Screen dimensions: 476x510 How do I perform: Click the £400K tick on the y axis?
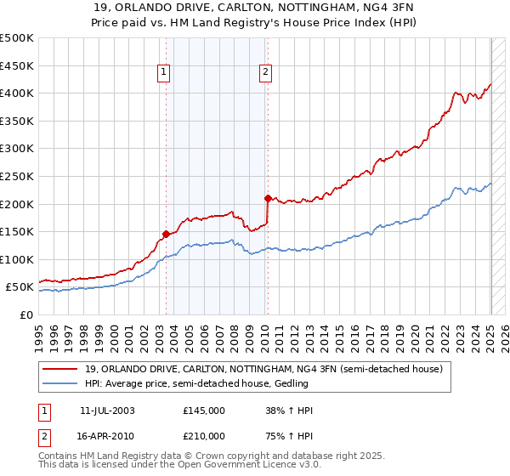(17, 93)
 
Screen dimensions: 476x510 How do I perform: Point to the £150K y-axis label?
(17, 231)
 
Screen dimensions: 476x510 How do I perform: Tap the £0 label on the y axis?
(27, 314)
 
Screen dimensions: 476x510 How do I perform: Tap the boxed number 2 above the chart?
(266, 73)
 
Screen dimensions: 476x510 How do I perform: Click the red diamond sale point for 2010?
(268, 198)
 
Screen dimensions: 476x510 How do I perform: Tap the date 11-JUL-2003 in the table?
(106, 411)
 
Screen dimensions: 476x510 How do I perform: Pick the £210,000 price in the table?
(203, 435)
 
